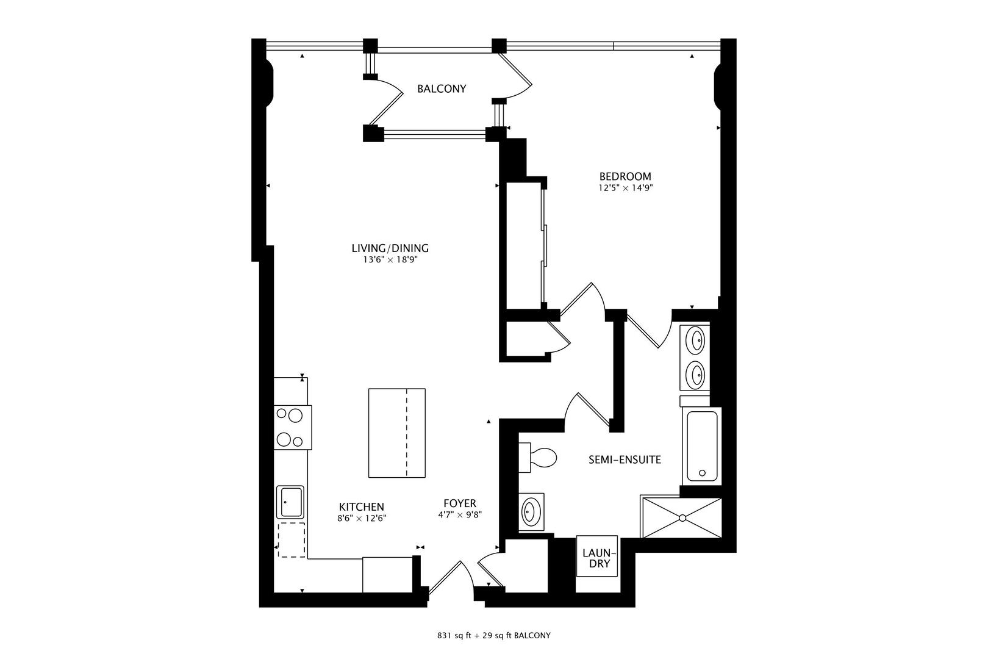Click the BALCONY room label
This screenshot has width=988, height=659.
point(442,88)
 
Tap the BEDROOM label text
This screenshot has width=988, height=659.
point(625,176)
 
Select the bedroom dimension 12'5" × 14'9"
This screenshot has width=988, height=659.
point(626,188)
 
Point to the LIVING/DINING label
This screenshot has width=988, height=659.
point(390,248)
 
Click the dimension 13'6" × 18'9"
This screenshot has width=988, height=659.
point(390,260)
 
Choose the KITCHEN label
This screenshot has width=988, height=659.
point(361,506)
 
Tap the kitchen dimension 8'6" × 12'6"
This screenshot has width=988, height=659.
point(362,519)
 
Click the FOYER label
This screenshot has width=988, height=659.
point(460,503)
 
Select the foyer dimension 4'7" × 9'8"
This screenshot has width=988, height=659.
point(460,514)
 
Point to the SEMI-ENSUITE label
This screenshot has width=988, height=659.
point(625,460)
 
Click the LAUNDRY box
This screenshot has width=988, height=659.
point(597,556)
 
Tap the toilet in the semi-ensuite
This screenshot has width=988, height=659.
point(537,457)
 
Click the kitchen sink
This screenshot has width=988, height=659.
point(290,502)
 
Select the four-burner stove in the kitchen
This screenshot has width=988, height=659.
point(292,428)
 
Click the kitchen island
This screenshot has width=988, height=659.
point(397,433)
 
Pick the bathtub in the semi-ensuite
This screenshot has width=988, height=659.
point(702,446)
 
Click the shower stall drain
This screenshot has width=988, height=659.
point(682,517)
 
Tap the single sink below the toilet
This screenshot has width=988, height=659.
point(531,512)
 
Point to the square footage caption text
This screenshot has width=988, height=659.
point(494,636)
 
